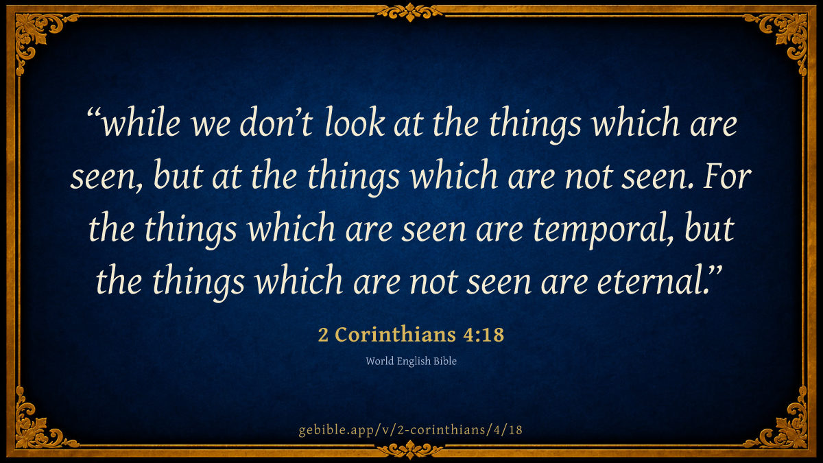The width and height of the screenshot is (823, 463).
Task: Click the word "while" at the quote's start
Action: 141,122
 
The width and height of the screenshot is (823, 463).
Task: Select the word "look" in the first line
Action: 355,122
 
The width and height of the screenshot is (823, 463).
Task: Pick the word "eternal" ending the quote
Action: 649,281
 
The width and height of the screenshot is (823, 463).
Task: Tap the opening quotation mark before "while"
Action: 93,112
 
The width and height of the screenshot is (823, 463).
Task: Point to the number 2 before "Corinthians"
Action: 323,335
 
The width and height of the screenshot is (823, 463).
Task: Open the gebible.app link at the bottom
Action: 410,429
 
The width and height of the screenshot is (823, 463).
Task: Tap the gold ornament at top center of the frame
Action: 410,12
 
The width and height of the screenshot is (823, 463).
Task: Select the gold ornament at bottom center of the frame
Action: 410,450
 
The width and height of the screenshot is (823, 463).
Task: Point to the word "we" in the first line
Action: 211,125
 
